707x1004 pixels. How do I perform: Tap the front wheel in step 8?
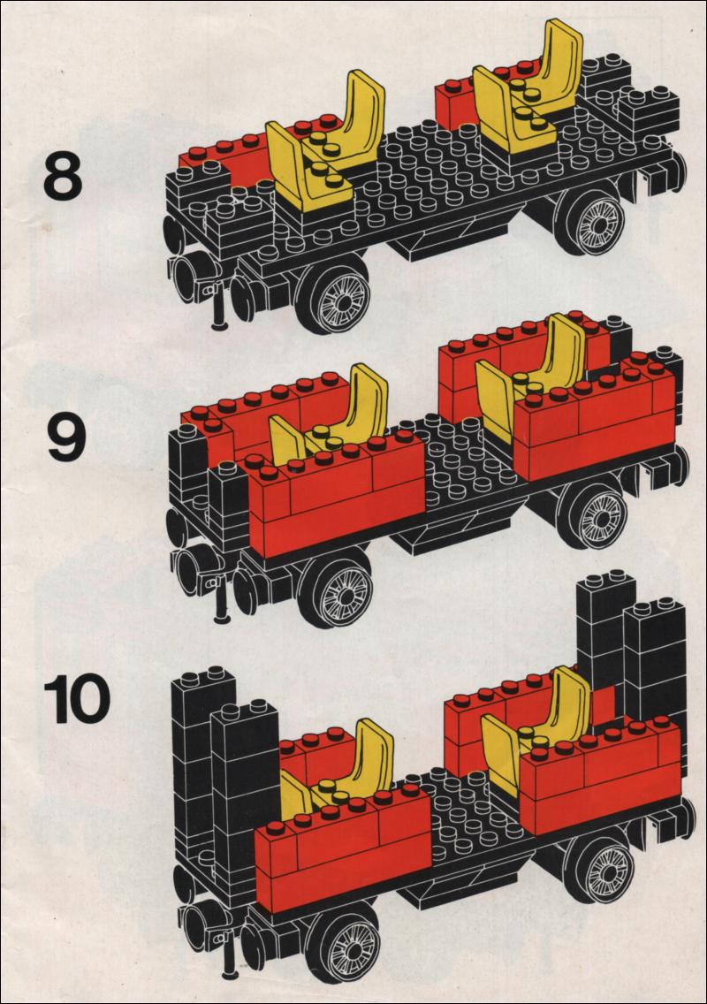click(338, 296)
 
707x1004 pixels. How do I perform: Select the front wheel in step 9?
click(338, 589)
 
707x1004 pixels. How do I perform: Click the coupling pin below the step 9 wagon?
click(222, 601)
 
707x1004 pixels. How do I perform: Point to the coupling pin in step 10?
click(227, 956)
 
